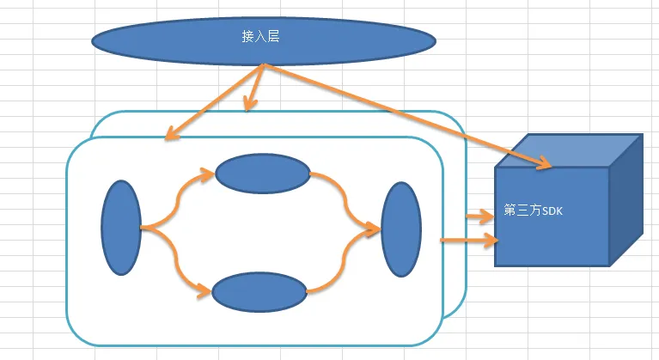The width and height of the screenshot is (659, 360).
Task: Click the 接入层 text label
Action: (261, 37)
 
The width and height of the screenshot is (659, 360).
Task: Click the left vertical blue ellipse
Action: (120, 227)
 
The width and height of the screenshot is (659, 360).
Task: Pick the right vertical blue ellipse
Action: (401, 229)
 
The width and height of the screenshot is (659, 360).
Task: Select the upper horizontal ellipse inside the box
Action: (262, 174)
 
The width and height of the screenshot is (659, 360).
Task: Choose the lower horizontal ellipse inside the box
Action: (259, 293)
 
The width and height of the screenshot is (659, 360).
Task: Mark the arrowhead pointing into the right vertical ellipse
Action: (373, 229)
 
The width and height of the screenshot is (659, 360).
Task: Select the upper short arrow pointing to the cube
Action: (477, 216)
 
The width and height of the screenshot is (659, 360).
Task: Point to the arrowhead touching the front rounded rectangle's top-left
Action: (172, 135)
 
